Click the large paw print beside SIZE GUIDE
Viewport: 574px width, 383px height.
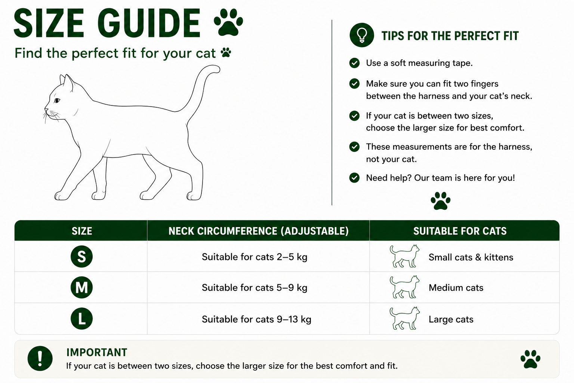[x=228, y=22]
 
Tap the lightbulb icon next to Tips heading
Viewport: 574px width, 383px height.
[x=362, y=35]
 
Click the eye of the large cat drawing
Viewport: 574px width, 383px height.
[x=57, y=100]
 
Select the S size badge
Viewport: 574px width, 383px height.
[x=81, y=257]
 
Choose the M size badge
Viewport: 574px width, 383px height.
[x=81, y=287]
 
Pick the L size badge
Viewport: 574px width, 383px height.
[x=81, y=319]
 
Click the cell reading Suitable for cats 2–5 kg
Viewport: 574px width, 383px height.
[x=254, y=257]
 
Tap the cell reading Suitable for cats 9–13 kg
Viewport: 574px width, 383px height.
[x=256, y=319]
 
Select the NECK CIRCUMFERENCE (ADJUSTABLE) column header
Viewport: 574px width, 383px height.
[x=259, y=231]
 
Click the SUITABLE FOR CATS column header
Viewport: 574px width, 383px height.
[x=460, y=231]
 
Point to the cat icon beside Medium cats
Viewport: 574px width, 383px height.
[x=404, y=287]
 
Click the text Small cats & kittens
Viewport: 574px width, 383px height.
[x=471, y=257]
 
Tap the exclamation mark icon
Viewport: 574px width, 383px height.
[x=40, y=358]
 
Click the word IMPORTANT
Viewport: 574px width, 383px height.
[x=97, y=352]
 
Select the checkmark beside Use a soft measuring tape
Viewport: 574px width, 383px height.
[x=354, y=63]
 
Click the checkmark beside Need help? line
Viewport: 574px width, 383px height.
[x=354, y=178]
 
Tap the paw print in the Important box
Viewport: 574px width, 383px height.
[x=530, y=359]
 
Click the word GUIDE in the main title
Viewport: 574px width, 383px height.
[x=149, y=23]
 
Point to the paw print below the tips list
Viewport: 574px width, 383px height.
[x=441, y=201]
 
